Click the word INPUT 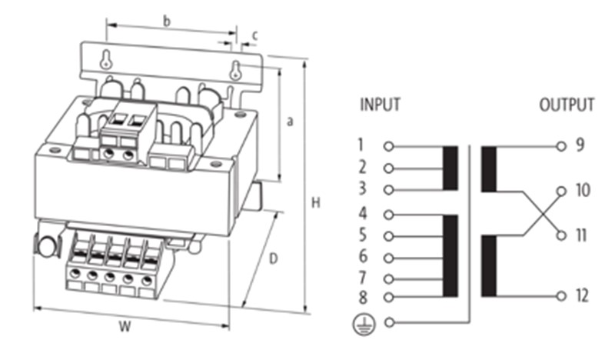tap(380, 105)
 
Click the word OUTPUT tap(567, 105)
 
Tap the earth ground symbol tap(364, 325)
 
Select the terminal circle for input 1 tap(388, 146)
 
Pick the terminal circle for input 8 tap(388, 297)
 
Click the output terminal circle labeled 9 tap(561, 146)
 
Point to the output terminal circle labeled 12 tap(561, 296)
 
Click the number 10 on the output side tap(583, 190)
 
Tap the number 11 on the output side tap(582, 235)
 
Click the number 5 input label tap(362, 235)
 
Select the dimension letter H tap(316, 203)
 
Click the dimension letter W tap(125, 326)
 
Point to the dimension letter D tap(273, 258)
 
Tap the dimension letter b tap(167, 22)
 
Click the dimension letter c tap(255, 35)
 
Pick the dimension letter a tap(290, 122)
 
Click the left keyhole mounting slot tap(106, 59)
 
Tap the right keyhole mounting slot tap(235, 70)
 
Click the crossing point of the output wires tap(543, 213)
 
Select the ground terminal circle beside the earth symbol tap(389, 322)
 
